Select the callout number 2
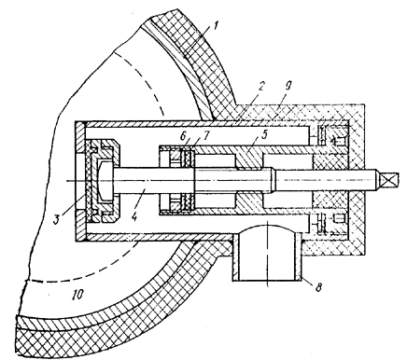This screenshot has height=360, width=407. [261, 86]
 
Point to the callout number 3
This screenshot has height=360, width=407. [56, 219]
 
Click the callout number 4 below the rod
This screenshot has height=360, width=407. [134, 216]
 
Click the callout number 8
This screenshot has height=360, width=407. [318, 287]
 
